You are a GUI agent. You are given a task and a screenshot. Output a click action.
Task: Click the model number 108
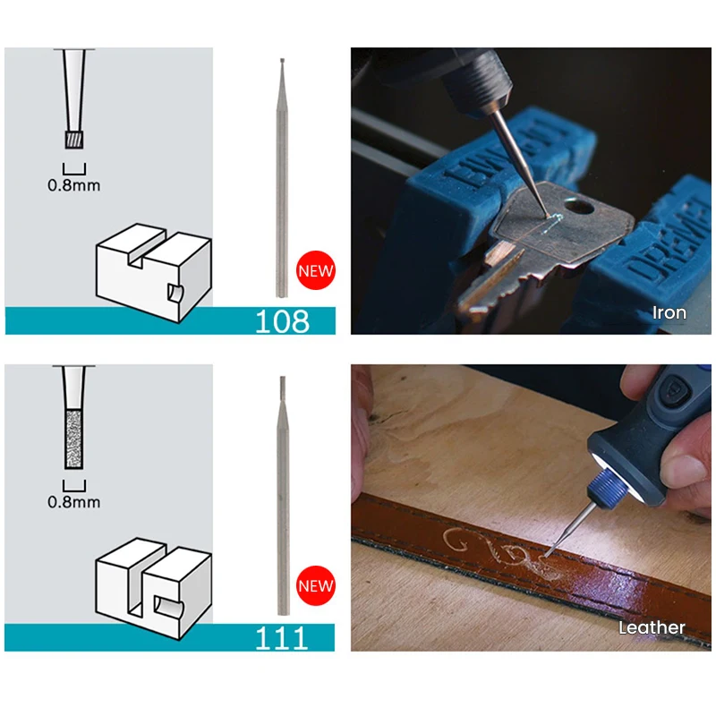pyautogui.click(x=282, y=321)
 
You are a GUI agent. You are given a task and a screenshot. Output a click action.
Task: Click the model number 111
pyautogui.click(x=281, y=638)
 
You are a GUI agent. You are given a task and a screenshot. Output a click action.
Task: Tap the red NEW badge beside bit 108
pyautogui.click(x=316, y=270)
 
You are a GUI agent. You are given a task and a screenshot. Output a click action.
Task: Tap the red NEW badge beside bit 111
pyautogui.click(x=316, y=586)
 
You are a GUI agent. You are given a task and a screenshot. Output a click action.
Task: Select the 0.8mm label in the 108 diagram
pyautogui.click(x=74, y=185)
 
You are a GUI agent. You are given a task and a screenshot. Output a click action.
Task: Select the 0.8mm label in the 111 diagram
pyautogui.click(x=74, y=502)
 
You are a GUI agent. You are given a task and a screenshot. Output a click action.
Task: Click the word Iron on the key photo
pyautogui.click(x=669, y=312)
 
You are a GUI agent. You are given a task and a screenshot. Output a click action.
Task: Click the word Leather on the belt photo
pyautogui.click(x=652, y=628)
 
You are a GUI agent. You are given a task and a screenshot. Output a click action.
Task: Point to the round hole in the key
pyautogui.click(x=579, y=206)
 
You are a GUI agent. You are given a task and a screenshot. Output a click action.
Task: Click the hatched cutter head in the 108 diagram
pyautogui.click(x=74, y=140)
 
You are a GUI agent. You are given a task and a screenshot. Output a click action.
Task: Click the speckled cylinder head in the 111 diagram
pyautogui.click(x=74, y=439)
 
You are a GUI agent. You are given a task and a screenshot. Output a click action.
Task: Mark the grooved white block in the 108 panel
pyautogui.click(x=153, y=273)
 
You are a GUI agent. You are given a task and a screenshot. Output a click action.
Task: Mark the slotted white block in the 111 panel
pyautogui.click(x=153, y=589)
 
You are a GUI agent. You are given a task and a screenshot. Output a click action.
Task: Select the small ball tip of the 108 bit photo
pyautogui.click(x=282, y=60)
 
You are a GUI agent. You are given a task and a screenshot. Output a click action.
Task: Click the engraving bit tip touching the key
pyautogui.click(x=547, y=215)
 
